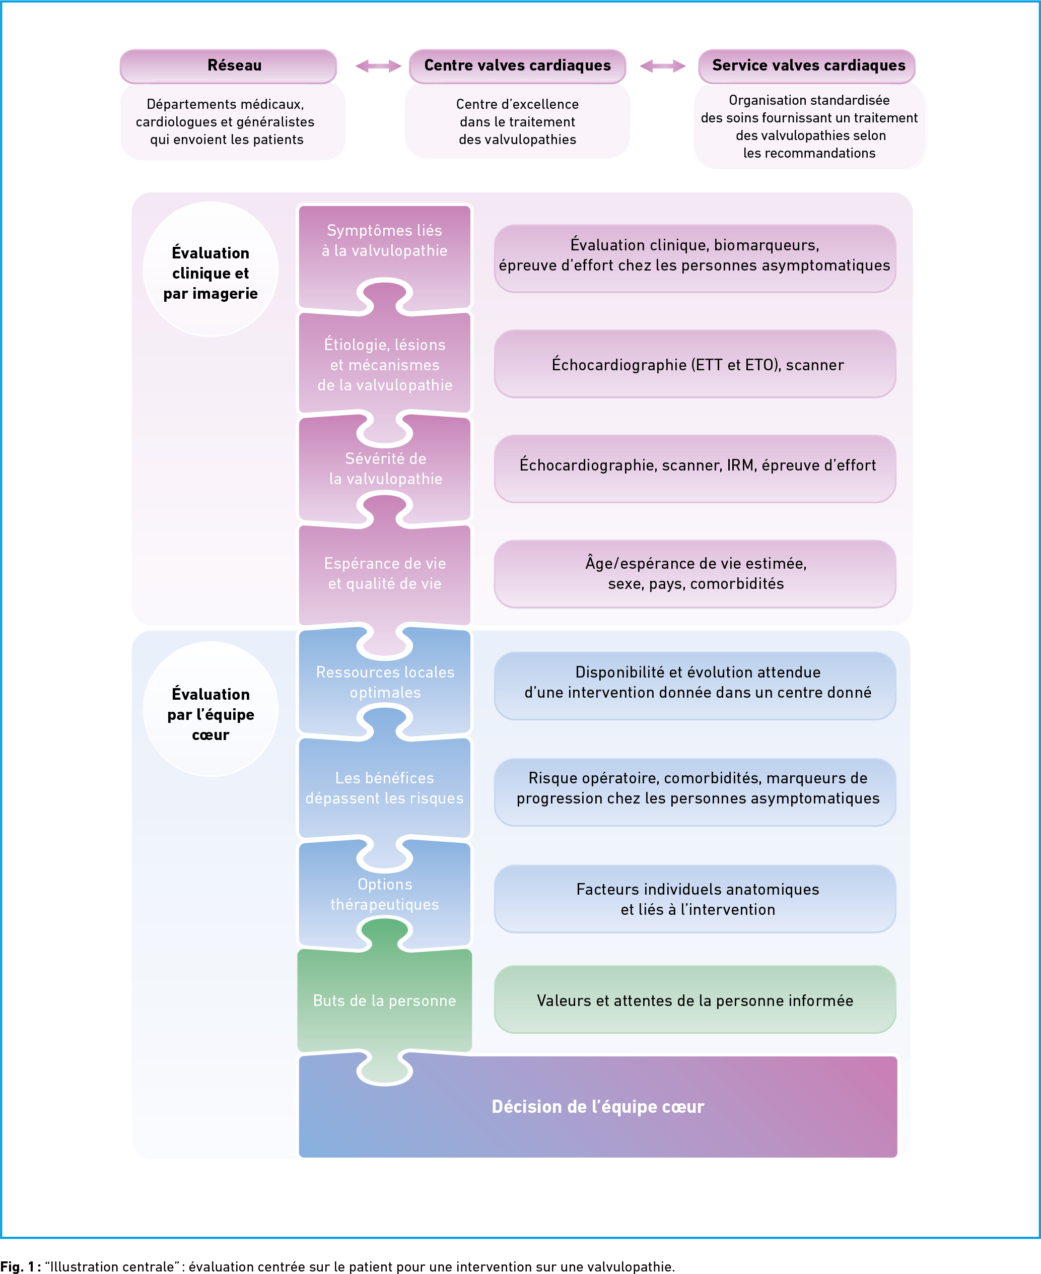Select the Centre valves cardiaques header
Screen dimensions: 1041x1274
(518, 66)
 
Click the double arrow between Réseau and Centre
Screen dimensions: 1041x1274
(378, 66)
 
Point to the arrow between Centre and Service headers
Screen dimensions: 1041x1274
(663, 66)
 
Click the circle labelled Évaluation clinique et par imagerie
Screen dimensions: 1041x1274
(211, 270)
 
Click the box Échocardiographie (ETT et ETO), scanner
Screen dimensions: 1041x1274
(695, 364)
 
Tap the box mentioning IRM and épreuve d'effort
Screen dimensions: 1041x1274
(695, 469)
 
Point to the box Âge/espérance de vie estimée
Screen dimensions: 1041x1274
(695, 574)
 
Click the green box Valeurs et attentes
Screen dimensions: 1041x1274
(695, 1000)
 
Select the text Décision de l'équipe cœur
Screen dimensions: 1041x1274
(598, 1107)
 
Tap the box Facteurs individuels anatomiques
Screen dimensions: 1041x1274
(695, 899)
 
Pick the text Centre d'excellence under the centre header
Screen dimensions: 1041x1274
(518, 104)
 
